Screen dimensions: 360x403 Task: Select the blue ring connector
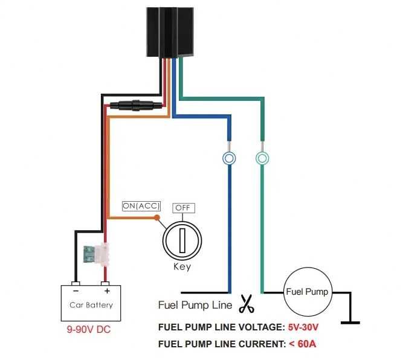pos(229,158)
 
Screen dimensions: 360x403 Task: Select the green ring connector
pos(262,158)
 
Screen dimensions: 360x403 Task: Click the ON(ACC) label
pos(141,206)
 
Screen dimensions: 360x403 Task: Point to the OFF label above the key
pos(182,208)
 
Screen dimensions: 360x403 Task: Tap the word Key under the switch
pos(182,267)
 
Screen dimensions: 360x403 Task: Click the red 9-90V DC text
pos(89,330)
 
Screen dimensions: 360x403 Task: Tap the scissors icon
pos(246,304)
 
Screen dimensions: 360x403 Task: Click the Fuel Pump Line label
pos(195,305)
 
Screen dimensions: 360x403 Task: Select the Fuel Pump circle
pos(307,292)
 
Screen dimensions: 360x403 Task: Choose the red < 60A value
pos(302,344)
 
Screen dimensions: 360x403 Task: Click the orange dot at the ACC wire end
pos(157,217)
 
